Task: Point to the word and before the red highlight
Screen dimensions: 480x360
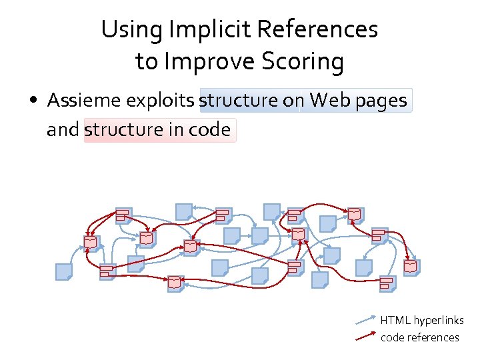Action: (x=63, y=129)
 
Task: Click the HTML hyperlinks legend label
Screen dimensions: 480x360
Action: (x=422, y=321)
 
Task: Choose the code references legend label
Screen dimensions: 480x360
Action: (x=420, y=337)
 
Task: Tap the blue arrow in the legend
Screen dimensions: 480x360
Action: (x=366, y=321)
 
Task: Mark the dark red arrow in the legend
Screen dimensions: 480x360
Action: (x=366, y=337)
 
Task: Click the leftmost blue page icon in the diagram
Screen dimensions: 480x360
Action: (x=64, y=272)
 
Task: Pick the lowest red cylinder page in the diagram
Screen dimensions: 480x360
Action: (x=175, y=283)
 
